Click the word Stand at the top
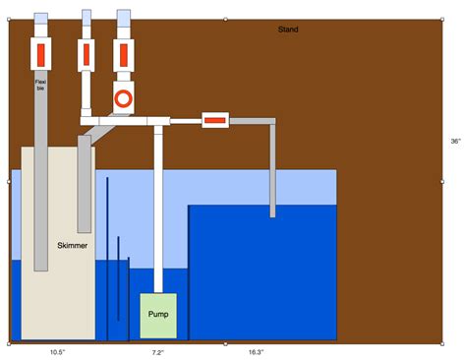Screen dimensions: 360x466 [x=288, y=30]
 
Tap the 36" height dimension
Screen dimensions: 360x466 [x=455, y=142]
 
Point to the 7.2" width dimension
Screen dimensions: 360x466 [x=157, y=351]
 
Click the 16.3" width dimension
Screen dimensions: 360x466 [x=256, y=351]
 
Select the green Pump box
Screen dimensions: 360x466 [x=158, y=315]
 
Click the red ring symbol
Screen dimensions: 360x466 [x=124, y=99]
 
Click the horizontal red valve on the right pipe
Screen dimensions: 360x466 [x=214, y=121]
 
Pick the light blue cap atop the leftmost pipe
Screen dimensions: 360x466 [x=40, y=20]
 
